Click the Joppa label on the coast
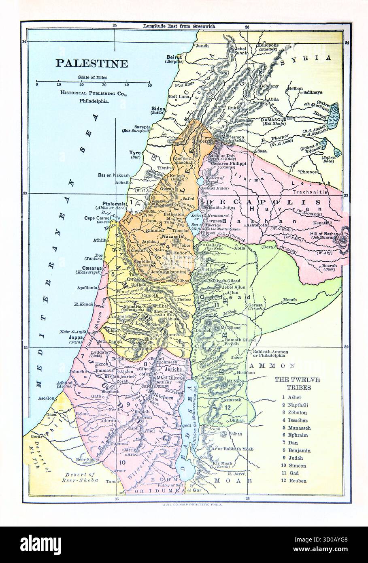coord(76,337)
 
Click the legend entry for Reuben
coord(298,481)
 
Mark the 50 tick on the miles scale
coord(149,85)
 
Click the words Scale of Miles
coord(93,77)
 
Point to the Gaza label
coord(51,415)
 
